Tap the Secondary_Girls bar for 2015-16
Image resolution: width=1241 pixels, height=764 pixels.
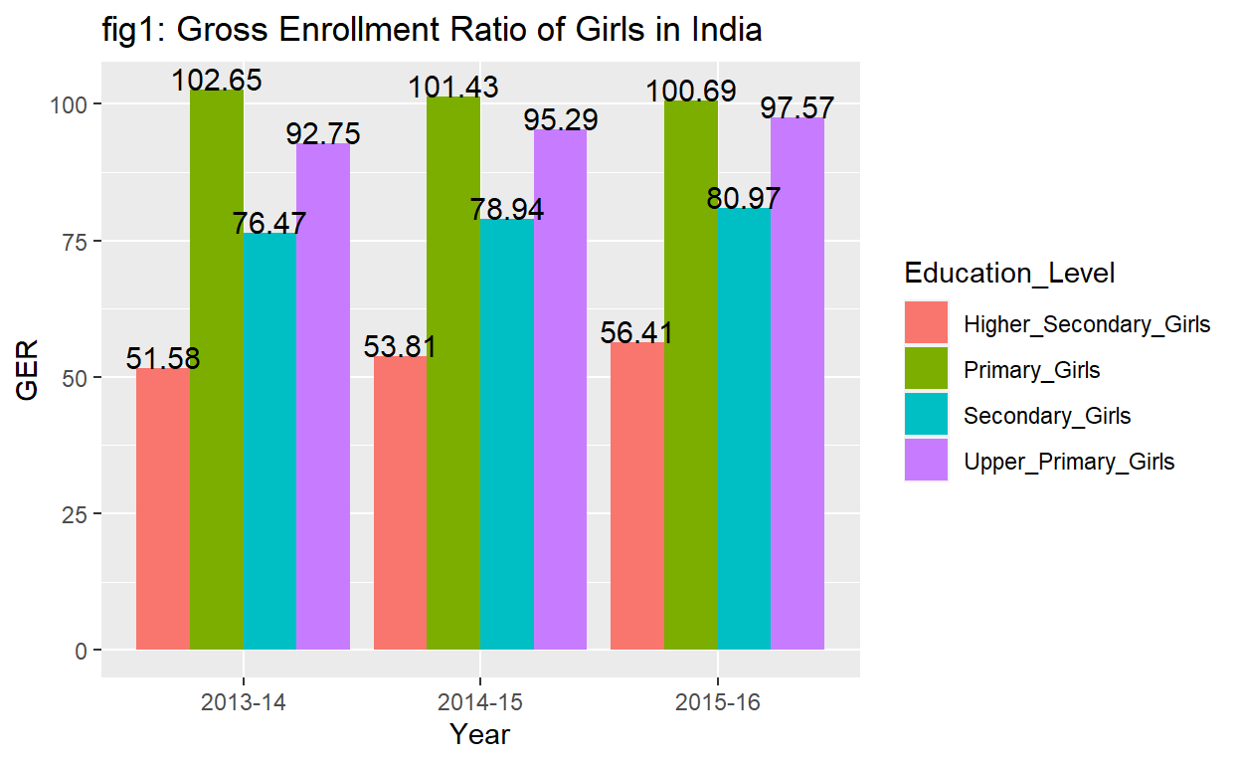744,429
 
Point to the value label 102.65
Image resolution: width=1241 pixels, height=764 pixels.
217,80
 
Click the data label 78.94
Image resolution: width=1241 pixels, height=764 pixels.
507,211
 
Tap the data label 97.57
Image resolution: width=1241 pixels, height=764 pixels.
798,107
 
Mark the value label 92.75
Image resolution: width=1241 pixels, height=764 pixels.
323,134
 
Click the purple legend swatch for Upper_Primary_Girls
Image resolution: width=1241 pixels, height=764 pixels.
926,461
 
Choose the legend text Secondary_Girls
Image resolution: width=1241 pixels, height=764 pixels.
1047,416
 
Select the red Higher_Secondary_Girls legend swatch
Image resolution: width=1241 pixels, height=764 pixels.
926,324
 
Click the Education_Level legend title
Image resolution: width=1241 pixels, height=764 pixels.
1008,273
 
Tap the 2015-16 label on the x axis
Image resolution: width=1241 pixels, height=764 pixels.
717,702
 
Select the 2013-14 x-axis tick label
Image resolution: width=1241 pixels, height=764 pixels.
243,702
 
